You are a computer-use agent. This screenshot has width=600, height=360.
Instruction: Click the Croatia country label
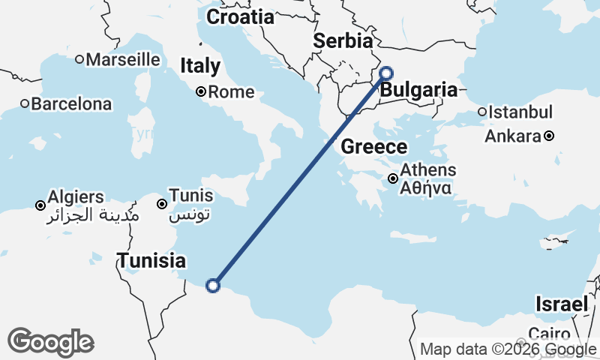tap(240, 16)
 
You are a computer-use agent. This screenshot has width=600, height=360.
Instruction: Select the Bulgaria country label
tap(418, 91)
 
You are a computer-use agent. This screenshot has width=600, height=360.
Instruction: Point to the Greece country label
tap(374, 147)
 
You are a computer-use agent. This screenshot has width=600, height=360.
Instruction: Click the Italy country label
tap(200, 66)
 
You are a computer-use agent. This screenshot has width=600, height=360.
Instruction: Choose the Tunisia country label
tap(151, 261)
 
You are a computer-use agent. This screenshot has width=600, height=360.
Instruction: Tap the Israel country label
tap(561, 304)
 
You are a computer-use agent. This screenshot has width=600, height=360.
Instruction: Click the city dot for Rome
tap(201, 92)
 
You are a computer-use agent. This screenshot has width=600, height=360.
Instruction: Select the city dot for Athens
tap(393, 178)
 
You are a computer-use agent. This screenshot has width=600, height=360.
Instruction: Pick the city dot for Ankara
tap(549, 136)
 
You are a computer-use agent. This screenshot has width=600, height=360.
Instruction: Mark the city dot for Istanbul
tap(482, 112)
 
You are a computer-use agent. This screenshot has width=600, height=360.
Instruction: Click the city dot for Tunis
tap(162, 204)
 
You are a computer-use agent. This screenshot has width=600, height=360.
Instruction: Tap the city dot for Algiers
tap(40, 205)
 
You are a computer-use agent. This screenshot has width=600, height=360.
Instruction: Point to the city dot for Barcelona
tap(25, 103)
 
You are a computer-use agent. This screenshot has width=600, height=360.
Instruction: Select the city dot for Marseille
tap(89, 59)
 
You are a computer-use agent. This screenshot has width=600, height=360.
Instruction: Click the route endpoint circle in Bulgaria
tap(386, 73)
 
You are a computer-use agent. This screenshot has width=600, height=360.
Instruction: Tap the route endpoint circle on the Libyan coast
tap(213, 285)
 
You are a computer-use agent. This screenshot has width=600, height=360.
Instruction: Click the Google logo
tap(50, 342)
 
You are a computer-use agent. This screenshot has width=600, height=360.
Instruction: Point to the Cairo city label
tap(550, 333)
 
